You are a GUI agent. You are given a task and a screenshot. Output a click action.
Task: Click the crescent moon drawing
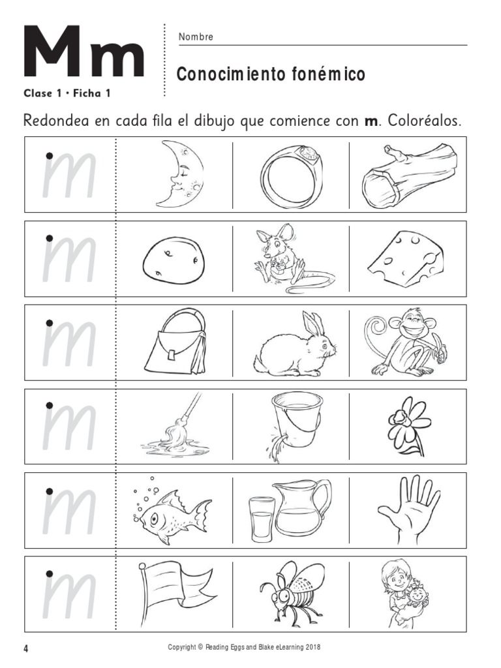coord(174,174)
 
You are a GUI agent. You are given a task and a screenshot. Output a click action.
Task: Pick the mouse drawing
coord(288,256)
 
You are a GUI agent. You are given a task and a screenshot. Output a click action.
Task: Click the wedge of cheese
coord(406,258)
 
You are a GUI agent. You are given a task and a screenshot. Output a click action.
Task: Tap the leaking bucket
coord(293,424)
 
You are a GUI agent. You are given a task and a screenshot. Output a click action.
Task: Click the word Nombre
coord(196,37)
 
